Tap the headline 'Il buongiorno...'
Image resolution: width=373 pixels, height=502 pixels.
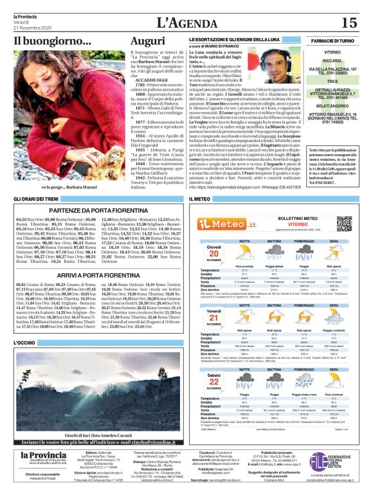pyautogui.click(x=44, y=42)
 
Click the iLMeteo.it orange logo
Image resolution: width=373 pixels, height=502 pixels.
pyautogui.click(x=224, y=223)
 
